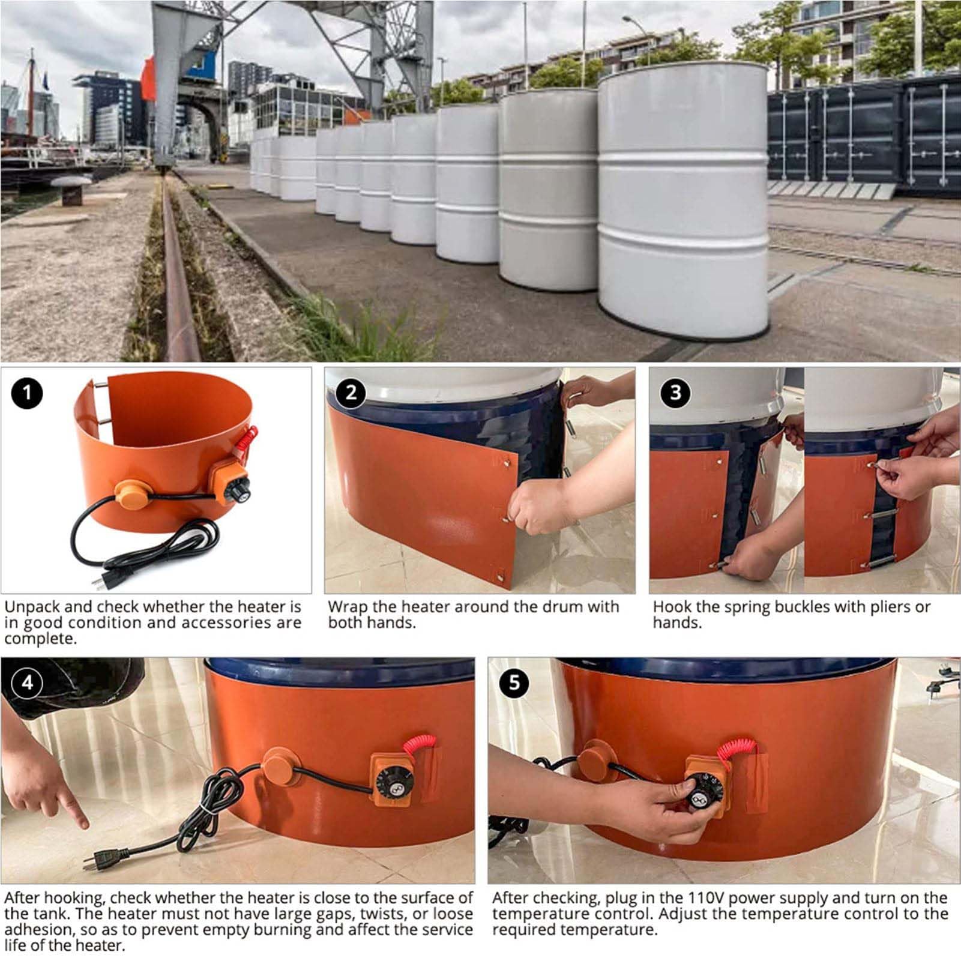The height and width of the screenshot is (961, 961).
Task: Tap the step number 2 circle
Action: [351, 393]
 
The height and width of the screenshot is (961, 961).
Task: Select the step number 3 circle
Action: [675, 393]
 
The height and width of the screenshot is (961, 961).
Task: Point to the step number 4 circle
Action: [27, 682]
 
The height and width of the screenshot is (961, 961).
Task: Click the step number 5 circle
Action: [514, 682]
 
